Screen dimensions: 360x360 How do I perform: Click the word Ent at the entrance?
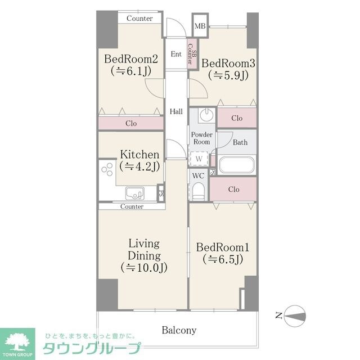[176, 54]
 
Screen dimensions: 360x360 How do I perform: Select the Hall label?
[176, 111]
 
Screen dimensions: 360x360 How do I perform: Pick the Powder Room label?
[201, 138]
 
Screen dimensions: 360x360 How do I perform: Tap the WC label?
[198, 175]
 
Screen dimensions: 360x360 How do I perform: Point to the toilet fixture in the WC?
[199, 192]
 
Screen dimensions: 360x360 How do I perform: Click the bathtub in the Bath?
[237, 165]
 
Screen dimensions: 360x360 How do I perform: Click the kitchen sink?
[135, 194]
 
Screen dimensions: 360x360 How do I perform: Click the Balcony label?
[179, 330]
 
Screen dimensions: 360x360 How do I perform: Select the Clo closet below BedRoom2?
[131, 123]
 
